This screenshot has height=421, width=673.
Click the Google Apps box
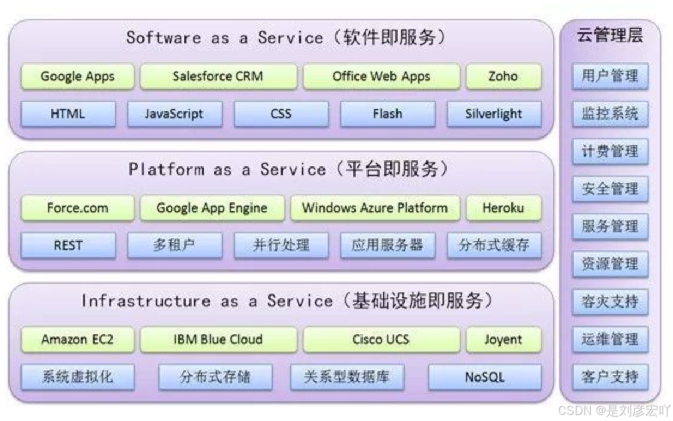[x=77, y=76]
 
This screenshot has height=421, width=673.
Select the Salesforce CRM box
[x=218, y=76]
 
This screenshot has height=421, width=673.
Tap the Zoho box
[x=503, y=76]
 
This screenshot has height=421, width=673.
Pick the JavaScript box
[x=174, y=114]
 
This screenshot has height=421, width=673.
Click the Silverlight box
[x=494, y=114]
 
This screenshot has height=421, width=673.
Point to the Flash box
[x=387, y=114]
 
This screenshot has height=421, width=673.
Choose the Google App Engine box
[x=212, y=208]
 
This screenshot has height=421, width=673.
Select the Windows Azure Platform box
[x=375, y=208]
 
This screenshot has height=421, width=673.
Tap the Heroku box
[x=503, y=208]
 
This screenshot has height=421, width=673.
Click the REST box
[x=68, y=245]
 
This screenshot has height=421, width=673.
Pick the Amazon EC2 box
[x=77, y=339]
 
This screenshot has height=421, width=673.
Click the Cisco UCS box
[x=381, y=339]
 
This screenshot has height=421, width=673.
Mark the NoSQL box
[x=484, y=377]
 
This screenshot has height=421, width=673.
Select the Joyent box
[x=503, y=339]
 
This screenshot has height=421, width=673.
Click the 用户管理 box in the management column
[x=610, y=76]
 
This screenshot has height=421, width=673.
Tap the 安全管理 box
[x=610, y=189]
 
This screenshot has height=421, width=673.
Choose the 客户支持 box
[x=610, y=376]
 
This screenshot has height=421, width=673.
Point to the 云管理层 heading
[x=610, y=36]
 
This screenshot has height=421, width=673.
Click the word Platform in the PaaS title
[x=166, y=170]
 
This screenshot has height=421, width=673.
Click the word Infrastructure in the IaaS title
[x=145, y=301]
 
